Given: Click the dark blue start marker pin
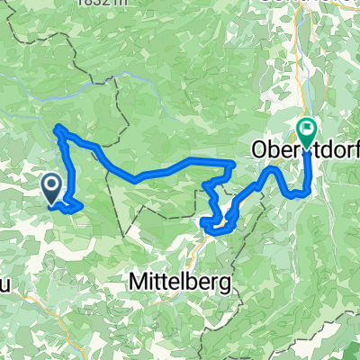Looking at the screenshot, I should click(51, 188).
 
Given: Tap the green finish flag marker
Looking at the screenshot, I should click(306, 134).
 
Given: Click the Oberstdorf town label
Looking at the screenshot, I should click(305, 148).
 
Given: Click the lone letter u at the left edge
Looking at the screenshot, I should click(4, 259).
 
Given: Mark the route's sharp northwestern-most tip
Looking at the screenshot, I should click(58, 129).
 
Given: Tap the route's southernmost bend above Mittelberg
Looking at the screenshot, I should click(217, 231).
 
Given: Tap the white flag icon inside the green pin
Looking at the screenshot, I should click(306, 130).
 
